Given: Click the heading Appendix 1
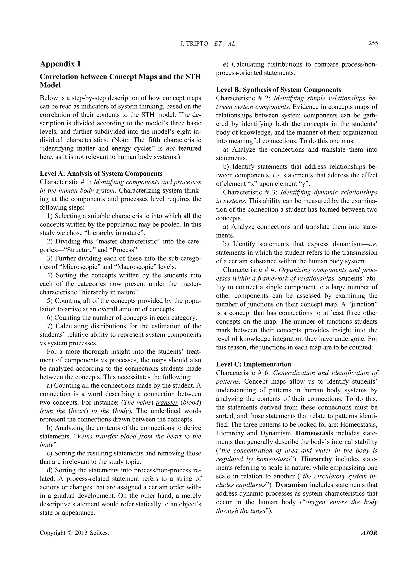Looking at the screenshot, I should pyautogui.click(x=60, y=64).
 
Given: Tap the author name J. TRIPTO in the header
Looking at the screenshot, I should pyautogui.click(x=194, y=44).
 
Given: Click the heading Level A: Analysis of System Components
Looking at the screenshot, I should pyautogui.click(x=101, y=173).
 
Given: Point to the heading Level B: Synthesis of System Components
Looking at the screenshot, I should pyautogui.click(x=278, y=90).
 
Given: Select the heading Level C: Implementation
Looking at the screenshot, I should pyautogui.click(x=253, y=364).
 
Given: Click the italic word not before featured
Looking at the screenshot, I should pyautogui.click(x=171, y=148).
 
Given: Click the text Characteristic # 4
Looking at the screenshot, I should pyautogui.click(x=250, y=270).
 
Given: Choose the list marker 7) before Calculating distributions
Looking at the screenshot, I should pyautogui.click(x=50, y=326).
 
